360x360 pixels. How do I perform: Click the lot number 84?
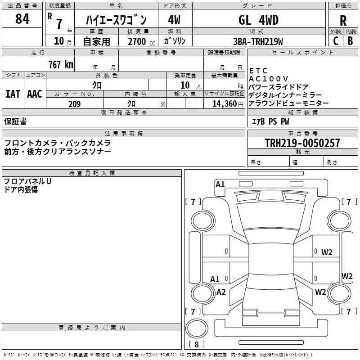22,19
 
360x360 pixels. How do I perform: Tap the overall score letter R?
343,21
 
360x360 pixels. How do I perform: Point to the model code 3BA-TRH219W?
258,41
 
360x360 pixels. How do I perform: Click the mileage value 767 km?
61,64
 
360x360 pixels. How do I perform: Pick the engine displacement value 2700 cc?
136,41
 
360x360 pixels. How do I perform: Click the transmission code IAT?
13,94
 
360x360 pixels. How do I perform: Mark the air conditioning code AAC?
34,94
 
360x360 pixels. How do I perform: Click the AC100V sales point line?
268,79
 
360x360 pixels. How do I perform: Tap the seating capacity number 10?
184,85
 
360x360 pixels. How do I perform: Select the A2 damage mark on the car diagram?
221,292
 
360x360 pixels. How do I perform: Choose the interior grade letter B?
351,41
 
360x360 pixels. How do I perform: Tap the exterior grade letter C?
335,41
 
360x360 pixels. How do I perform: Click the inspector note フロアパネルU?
28,181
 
